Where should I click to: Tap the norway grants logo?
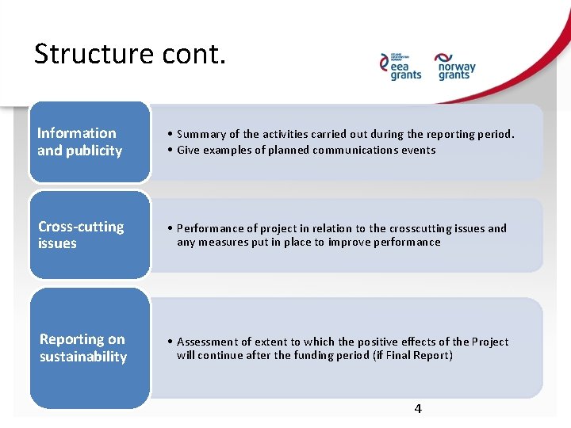(x=455, y=67)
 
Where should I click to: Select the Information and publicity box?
(x=90, y=142)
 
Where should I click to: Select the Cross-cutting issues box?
(x=90, y=235)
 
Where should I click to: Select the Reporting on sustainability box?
(x=90, y=349)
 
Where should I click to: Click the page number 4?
(x=418, y=409)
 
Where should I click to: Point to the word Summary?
(x=201, y=135)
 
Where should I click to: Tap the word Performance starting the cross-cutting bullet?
(x=209, y=228)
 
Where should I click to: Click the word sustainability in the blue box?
(x=83, y=357)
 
